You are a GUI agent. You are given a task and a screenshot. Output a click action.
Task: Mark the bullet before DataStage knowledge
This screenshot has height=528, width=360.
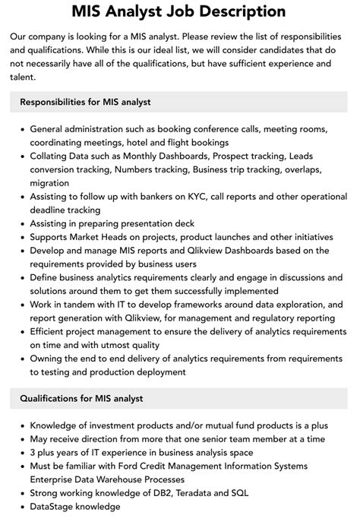point(20,507)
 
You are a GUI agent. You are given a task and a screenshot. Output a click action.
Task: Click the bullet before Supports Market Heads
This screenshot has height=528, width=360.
point(20,237)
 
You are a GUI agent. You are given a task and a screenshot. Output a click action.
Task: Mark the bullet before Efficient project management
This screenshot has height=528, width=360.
point(20,332)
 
